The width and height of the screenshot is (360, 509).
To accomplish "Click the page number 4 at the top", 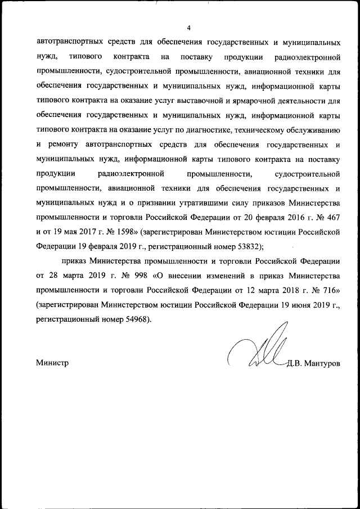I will (x=189, y=28).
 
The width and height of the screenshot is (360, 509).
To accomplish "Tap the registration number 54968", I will (x=132, y=319).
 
